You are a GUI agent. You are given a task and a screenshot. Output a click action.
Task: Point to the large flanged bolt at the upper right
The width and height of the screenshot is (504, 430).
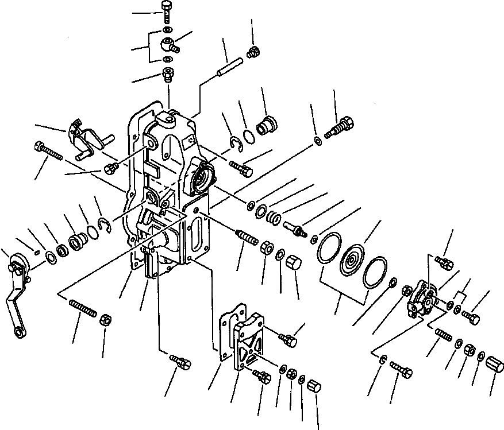[x=341, y=127]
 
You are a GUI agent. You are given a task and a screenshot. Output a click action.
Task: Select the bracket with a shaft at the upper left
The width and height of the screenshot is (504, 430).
[x=84, y=138]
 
